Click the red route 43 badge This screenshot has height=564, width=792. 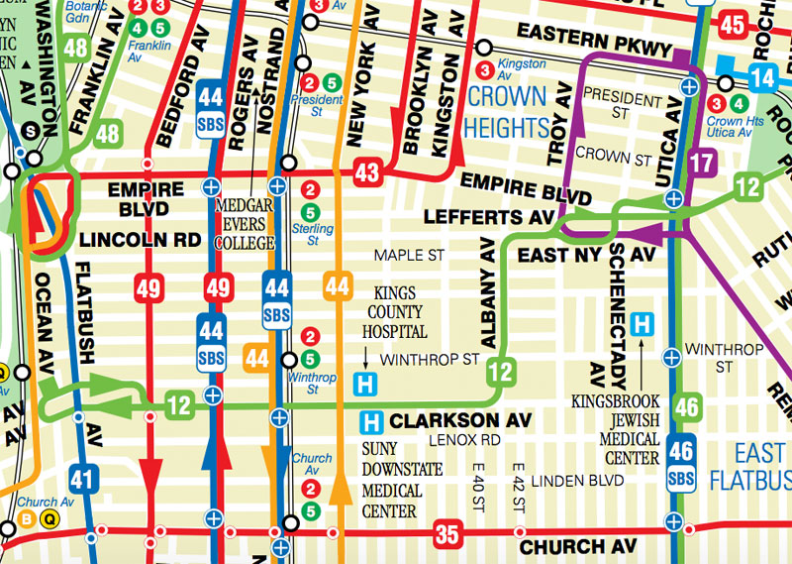click(x=367, y=173)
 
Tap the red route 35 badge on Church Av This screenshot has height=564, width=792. click(x=447, y=535)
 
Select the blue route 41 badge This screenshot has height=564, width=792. click(x=85, y=481)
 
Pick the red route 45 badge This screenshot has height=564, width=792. click(x=734, y=26)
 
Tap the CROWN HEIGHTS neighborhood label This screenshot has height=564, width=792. click(x=508, y=111)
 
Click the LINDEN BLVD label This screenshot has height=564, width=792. click(x=577, y=481)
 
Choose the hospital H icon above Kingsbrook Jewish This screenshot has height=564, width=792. click(x=645, y=323)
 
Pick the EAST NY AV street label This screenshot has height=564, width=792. click(x=588, y=256)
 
